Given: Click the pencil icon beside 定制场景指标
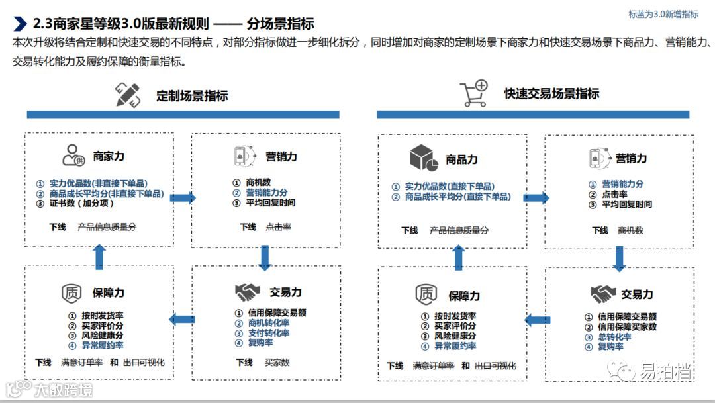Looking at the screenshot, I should (x=128, y=95).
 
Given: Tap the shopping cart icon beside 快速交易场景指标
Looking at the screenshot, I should (x=474, y=93).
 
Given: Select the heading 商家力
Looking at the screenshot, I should (x=109, y=157).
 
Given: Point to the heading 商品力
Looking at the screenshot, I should (x=461, y=159).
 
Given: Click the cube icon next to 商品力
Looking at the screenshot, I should (x=424, y=158).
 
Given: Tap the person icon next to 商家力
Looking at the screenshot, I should (x=73, y=156).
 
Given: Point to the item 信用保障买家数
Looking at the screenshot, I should (x=627, y=327).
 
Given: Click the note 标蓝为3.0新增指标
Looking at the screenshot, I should (x=663, y=15).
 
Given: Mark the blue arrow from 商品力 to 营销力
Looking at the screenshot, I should (x=536, y=197).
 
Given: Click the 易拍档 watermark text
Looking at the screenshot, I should (x=665, y=372).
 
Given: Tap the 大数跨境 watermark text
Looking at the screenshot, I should (x=64, y=389).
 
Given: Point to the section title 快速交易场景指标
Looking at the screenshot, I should (x=551, y=93).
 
